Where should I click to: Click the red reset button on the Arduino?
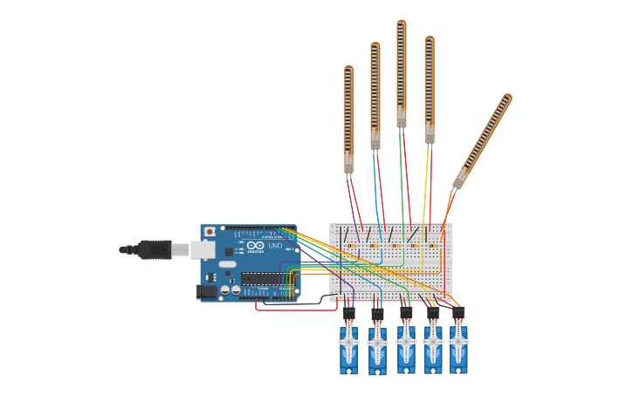[210, 232]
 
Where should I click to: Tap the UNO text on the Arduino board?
[275, 246]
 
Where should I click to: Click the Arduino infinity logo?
[255, 246]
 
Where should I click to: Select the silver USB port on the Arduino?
[202, 249]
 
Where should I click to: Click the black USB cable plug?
[155, 249]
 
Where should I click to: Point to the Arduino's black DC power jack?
[206, 291]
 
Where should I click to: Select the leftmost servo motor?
[348, 347]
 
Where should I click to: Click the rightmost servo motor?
[458, 346]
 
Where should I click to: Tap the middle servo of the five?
[406, 346]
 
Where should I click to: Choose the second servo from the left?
[377, 347]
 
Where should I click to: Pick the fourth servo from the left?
[433, 346]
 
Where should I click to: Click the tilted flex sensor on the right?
[482, 141]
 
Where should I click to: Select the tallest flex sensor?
[401, 74]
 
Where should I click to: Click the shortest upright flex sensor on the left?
[348, 118]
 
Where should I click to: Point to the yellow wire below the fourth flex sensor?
[425, 192]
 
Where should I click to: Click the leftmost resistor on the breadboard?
[351, 246]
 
